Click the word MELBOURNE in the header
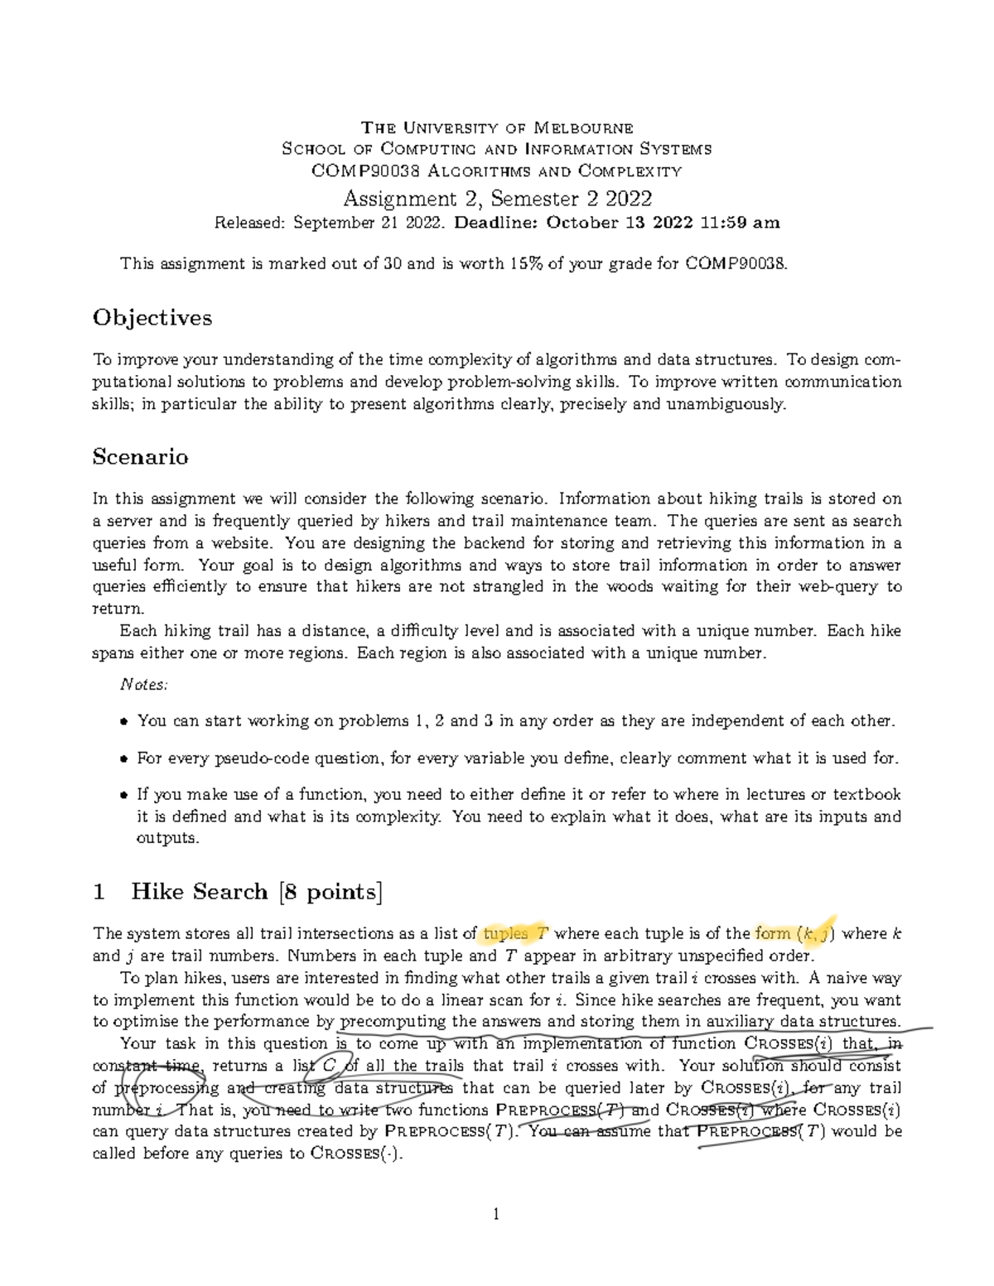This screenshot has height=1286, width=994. (x=583, y=128)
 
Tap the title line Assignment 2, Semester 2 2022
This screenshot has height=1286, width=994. (x=497, y=199)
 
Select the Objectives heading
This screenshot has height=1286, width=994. (x=152, y=318)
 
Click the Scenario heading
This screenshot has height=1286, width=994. (x=141, y=457)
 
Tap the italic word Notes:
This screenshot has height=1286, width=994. (x=144, y=684)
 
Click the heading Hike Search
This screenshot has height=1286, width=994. (x=200, y=892)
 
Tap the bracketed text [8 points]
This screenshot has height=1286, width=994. (x=331, y=892)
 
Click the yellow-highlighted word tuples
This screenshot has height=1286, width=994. (x=505, y=934)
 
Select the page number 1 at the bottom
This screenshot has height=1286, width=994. (x=496, y=1215)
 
